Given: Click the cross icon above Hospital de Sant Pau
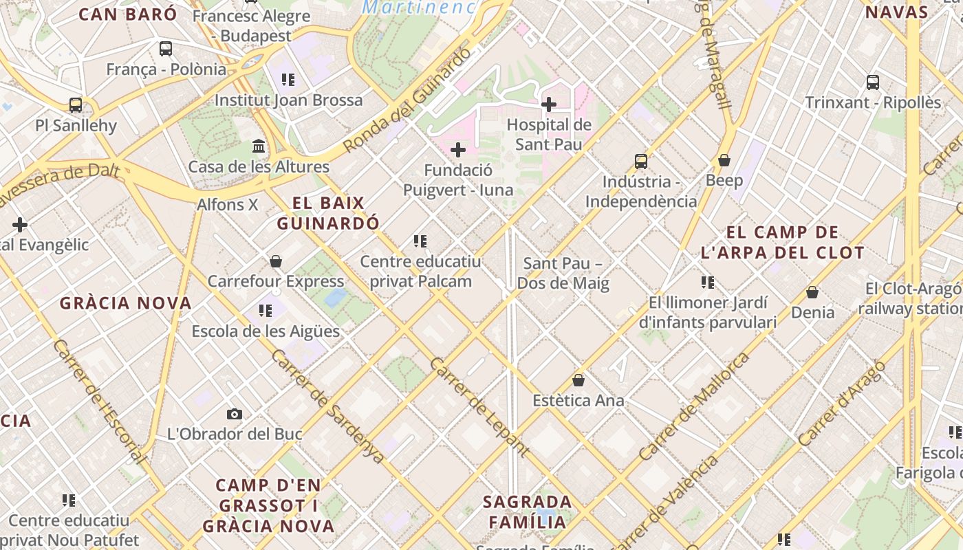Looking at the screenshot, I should [x=549, y=104].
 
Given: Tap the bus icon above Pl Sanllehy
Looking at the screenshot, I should [x=76, y=105].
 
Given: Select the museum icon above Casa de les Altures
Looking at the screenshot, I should [x=259, y=146].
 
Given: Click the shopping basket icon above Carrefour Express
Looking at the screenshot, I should [x=276, y=261].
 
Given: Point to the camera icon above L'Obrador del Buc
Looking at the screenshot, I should [x=235, y=414].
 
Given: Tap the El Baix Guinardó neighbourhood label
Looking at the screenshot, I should [x=328, y=213].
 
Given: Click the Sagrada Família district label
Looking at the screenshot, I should [x=527, y=511].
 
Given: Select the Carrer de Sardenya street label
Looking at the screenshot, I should [x=327, y=406].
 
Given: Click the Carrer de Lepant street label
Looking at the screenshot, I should [x=479, y=407].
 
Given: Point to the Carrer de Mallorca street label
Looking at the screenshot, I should [x=694, y=406].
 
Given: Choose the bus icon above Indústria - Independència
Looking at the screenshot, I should [x=641, y=162].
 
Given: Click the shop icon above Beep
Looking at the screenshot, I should [x=724, y=160].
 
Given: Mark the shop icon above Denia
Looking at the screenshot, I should [x=812, y=292].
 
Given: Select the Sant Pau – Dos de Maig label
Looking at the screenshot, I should [x=563, y=273].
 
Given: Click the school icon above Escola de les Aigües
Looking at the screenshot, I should [x=266, y=311].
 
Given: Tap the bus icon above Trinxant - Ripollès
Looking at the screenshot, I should [x=873, y=82].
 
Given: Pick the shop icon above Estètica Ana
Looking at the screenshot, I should [x=578, y=380].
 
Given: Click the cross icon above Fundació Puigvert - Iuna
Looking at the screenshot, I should [x=458, y=150].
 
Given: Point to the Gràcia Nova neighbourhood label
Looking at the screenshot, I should [x=125, y=303].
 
